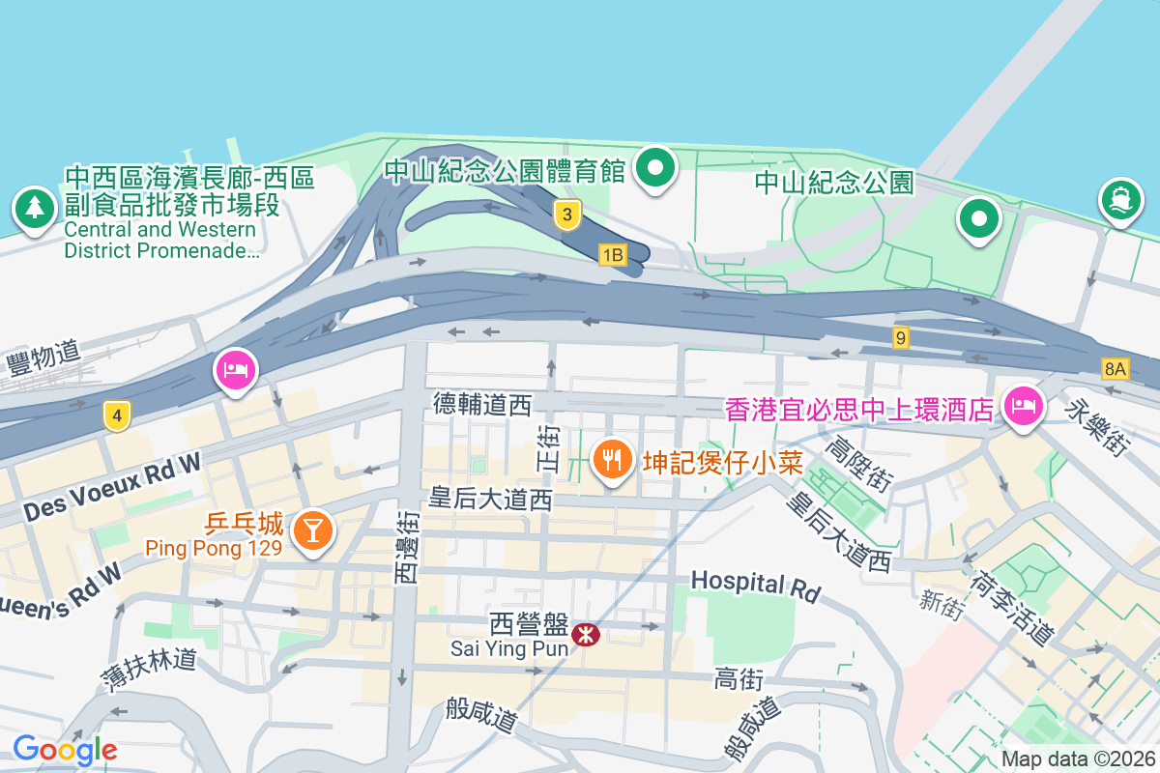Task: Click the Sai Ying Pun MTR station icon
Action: click(585, 635)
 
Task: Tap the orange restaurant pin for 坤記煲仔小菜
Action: click(611, 459)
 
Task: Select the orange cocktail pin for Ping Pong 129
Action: click(312, 530)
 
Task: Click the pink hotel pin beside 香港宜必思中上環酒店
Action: click(1023, 405)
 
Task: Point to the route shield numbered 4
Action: click(117, 417)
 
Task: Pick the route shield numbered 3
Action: click(567, 215)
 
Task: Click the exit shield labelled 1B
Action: click(613, 255)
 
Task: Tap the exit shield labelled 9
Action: click(901, 338)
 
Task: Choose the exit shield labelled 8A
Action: click(1116, 368)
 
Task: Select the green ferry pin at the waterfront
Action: click(1121, 200)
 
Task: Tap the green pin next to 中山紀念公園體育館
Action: click(656, 169)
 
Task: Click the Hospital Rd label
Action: click(755, 584)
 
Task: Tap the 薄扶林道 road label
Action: click(149, 667)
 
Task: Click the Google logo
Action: click(65, 749)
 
